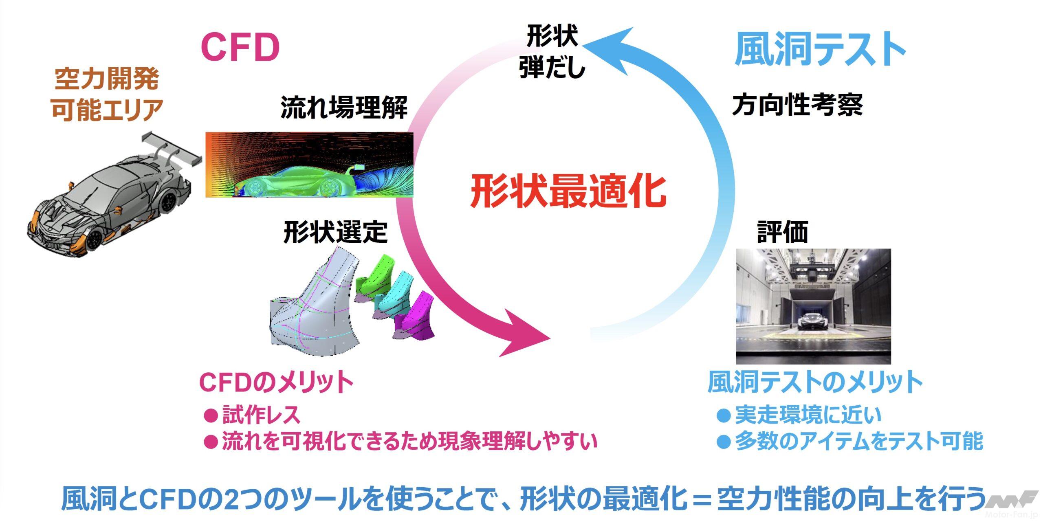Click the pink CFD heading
(x=240, y=47)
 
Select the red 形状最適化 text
(x=568, y=191)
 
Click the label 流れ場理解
(x=344, y=108)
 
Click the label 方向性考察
(x=798, y=105)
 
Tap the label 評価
(x=783, y=232)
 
